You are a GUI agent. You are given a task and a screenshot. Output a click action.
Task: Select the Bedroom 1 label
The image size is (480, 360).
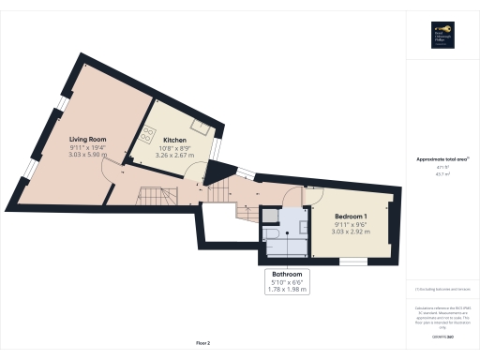coord(351,217)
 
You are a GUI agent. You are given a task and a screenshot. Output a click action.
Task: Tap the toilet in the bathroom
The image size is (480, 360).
coord(268,231)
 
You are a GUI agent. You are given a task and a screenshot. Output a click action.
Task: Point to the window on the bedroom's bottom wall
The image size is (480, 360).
coord(353,260)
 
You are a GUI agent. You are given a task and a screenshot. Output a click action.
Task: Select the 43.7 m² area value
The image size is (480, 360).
coord(442,173)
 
